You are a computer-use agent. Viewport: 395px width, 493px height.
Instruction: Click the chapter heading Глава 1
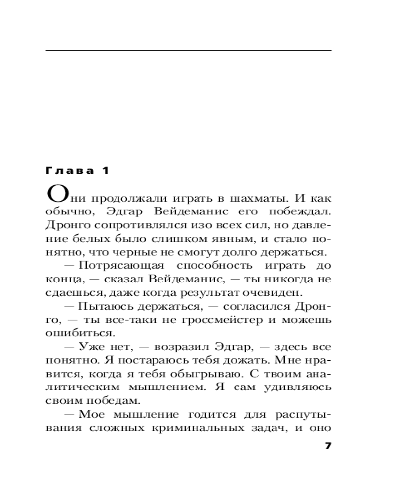76,171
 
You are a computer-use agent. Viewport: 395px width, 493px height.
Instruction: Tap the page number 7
328,446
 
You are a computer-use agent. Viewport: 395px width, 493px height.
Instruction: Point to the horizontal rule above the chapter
188,50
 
